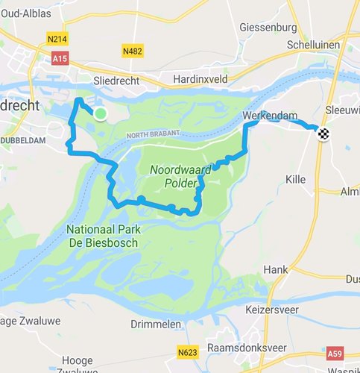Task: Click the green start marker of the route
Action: [101, 113]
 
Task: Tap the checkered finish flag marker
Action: [323, 134]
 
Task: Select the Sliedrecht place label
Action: [113, 79]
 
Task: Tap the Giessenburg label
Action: [268, 28]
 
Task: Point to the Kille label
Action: [295, 180]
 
